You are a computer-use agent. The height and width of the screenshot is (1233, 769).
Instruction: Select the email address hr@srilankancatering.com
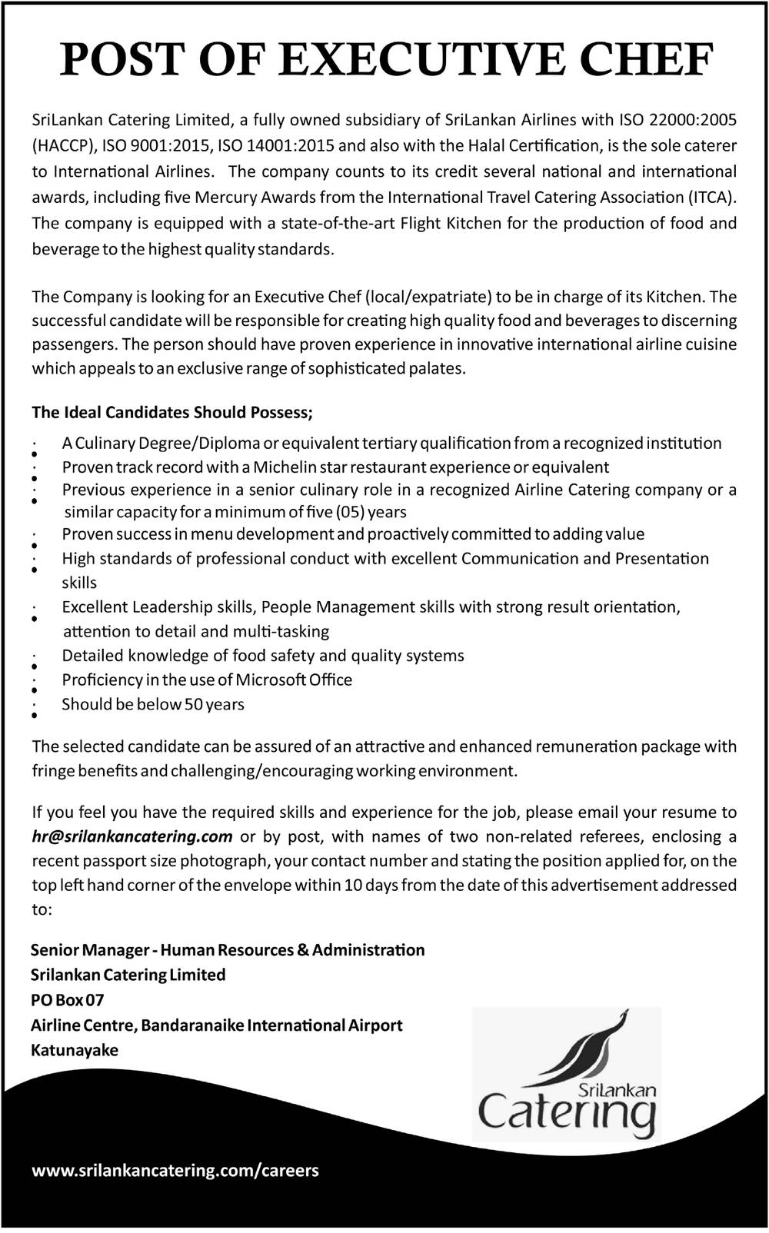(x=132, y=836)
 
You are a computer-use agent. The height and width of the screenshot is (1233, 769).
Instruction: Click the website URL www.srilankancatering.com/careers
(x=175, y=1171)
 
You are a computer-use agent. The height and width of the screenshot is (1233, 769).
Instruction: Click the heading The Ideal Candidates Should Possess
(x=172, y=413)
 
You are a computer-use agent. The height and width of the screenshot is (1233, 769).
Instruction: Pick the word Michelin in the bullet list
(x=285, y=467)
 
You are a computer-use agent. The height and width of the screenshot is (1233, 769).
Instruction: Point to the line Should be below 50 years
(x=153, y=704)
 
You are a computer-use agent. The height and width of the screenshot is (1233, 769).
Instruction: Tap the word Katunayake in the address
(x=75, y=1050)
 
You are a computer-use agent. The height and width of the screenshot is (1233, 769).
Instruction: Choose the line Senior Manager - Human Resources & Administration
(x=228, y=950)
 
